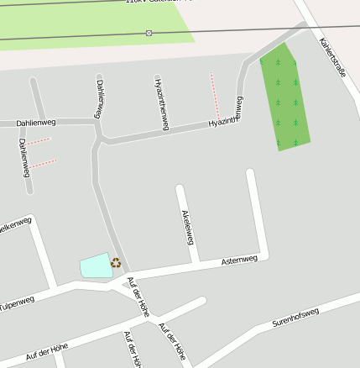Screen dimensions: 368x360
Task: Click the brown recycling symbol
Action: click(116, 263)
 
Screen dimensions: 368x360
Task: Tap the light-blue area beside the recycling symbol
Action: click(96, 265)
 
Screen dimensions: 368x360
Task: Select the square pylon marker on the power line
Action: click(149, 33)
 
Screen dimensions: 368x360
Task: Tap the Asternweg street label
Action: click(239, 260)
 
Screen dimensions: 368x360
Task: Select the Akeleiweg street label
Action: click(188, 225)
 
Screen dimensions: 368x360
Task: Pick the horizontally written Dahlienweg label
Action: click(35, 124)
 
